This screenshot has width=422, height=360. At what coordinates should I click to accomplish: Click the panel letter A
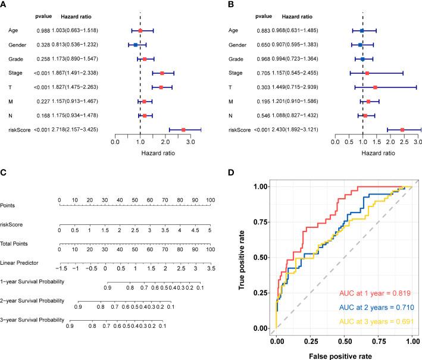coord(5,4)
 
